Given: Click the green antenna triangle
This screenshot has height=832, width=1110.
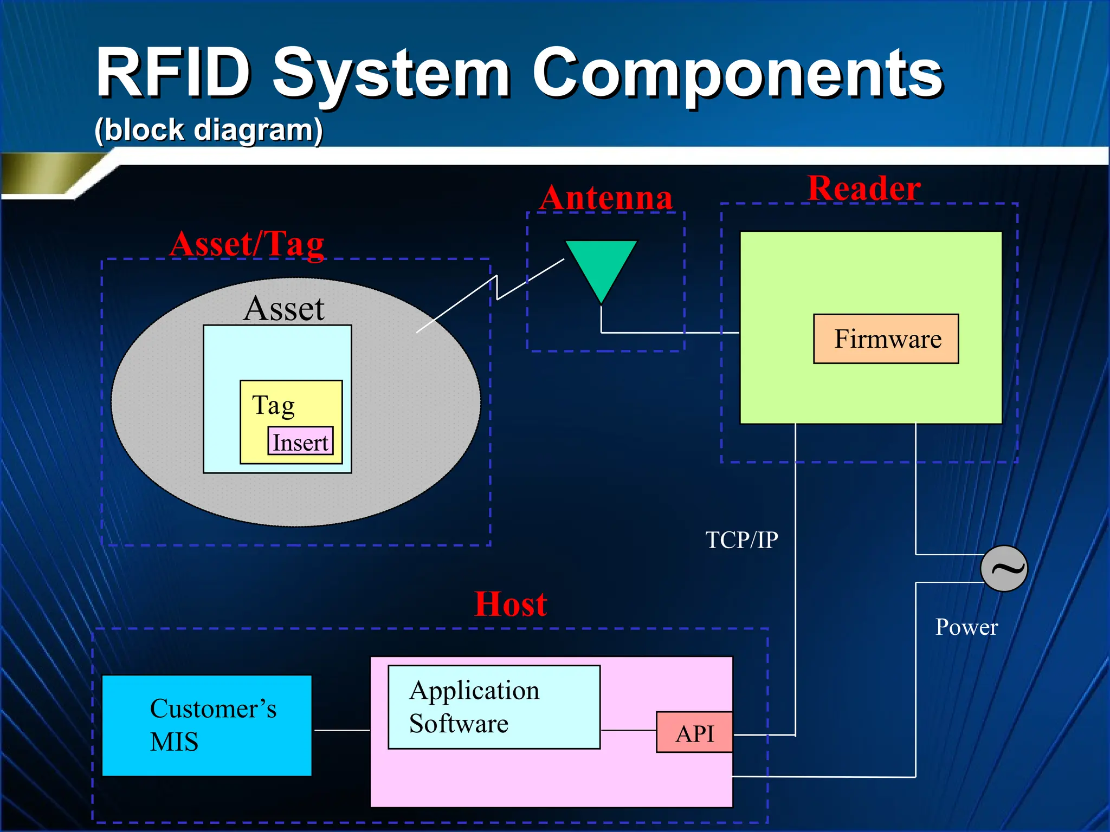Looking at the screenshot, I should [601, 265].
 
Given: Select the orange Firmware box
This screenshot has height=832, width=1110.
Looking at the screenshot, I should [886, 339].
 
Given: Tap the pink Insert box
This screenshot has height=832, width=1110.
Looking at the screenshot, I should [300, 441].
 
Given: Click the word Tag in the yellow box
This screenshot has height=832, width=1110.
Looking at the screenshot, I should [273, 405].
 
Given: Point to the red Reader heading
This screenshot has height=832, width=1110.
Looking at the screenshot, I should [864, 188].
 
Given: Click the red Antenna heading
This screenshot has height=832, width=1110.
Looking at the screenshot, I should [606, 198].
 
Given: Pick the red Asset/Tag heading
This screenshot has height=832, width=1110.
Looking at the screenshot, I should [247, 244].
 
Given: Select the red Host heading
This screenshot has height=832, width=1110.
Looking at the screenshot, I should [511, 604].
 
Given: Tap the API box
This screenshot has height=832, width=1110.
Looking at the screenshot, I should [694, 732].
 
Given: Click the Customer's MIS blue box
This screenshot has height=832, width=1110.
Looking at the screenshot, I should [207, 725].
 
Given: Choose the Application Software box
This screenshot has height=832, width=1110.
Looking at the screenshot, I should [494, 707].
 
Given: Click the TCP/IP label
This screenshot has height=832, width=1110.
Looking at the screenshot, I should [741, 540].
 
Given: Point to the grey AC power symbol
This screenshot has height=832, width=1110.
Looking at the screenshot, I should [1004, 568].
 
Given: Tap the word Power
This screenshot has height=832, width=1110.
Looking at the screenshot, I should [966, 627].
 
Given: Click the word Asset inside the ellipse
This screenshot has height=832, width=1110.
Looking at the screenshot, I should [283, 308].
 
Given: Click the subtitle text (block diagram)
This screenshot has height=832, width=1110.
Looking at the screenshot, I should [209, 130].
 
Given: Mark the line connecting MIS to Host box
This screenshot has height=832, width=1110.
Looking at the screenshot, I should [341, 730].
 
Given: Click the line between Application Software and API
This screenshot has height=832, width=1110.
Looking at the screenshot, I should [628, 730].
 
